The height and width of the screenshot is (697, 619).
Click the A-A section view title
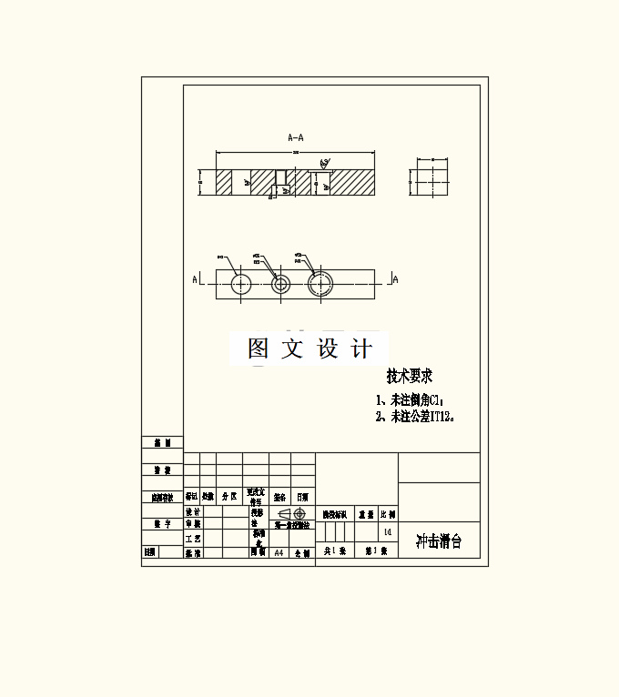pyautogui.click(x=296, y=137)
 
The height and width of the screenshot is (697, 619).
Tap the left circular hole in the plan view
pyautogui.click(x=241, y=284)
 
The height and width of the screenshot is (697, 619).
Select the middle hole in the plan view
pyautogui.click(x=280, y=284)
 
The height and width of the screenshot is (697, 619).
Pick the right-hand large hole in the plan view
pyautogui.click(x=320, y=284)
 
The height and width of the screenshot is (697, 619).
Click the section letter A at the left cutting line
pyautogui.click(x=195, y=279)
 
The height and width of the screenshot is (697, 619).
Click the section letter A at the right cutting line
pyautogui.click(x=395, y=279)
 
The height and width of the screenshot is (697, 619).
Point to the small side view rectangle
pyautogui.click(x=428, y=182)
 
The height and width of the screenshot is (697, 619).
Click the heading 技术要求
pyautogui.click(x=409, y=376)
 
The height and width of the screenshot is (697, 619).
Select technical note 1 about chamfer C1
pyautogui.click(x=411, y=399)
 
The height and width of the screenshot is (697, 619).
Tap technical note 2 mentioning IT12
pyautogui.click(x=415, y=417)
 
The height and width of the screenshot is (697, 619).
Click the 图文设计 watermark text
pyautogui.click(x=309, y=348)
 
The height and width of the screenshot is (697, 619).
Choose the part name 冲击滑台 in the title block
pyautogui.click(x=438, y=541)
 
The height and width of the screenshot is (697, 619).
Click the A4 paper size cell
pyautogui.click(x=279, y=552)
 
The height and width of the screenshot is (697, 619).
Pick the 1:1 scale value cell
pyautogui.click(x=388, y=531)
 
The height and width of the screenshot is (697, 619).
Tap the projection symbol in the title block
pyautogui.click(x=291, y=513)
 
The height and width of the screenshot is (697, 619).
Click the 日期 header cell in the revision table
pyautogui.click(x=302, y=498)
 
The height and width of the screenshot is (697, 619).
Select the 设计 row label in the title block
pyautogui.click(x=193, y=512)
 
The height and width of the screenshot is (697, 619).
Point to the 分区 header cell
pyautogui.click(x=229, y=498)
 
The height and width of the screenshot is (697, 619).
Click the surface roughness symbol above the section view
pyautogui.click(x=324, y=163)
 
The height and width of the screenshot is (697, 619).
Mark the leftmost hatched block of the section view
pyautogui.click(x=225, y=182)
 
